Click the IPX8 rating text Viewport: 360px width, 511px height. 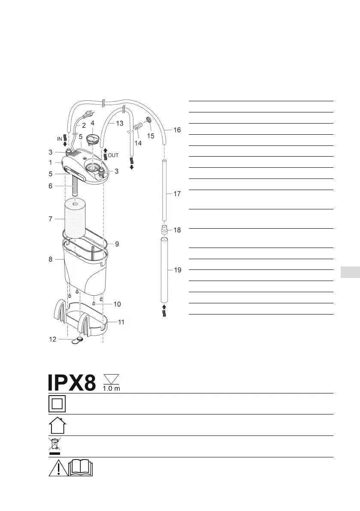coord(72,383)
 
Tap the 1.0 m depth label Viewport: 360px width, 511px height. coord(112,388)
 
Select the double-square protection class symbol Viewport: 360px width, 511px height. coord(57,404)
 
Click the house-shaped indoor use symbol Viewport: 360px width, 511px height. coord(57,425)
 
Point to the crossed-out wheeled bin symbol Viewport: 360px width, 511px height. coord(54,446)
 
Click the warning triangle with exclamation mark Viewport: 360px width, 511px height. coord(58,468)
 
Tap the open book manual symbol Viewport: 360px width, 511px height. coord(81,467)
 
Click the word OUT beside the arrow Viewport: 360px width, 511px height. coord(113,155)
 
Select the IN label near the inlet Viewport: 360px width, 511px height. coord(59,139)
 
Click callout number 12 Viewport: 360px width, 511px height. coord(52,339)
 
